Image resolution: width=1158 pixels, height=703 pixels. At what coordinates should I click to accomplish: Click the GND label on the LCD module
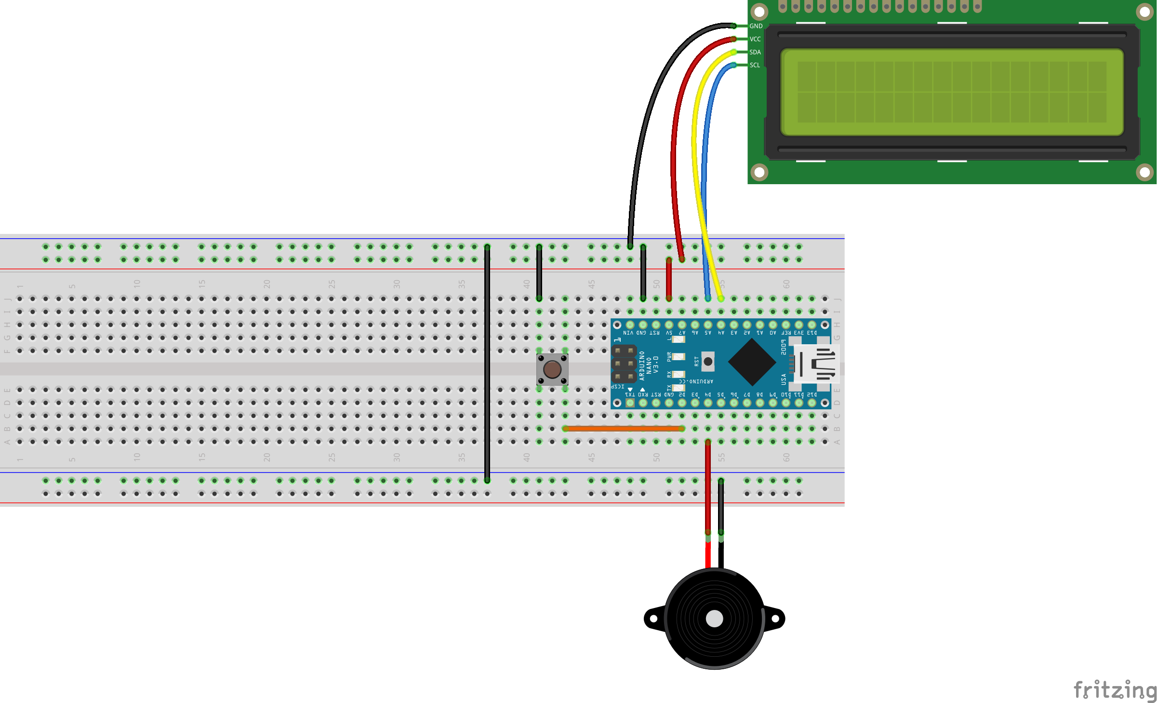(x=756, y=26)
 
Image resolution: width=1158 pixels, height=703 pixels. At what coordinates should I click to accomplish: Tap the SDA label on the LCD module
(x=755, y=52)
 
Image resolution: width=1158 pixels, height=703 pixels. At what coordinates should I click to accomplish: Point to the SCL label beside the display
(x=755, y=65)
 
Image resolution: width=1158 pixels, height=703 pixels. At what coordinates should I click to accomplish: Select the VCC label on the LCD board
(x=755, y=39)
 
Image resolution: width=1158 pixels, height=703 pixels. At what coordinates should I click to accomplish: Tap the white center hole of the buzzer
(x=714, y=619)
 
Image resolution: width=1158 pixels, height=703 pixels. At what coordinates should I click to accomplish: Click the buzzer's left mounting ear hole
(x=653, y=619)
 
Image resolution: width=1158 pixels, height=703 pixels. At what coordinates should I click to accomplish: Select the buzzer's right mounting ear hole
(x=775, y=619)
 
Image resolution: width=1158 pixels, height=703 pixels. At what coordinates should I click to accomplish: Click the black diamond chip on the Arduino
(x=752, y=362)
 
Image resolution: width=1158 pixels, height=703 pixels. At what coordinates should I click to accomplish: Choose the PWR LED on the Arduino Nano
(x=679, y=357)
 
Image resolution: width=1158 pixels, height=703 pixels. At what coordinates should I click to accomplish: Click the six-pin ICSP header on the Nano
(x=624, y=364)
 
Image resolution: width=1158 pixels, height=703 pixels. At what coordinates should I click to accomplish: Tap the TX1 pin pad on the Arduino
(x=630, y=403)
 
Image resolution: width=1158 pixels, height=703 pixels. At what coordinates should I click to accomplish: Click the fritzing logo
(x=1115, y=690)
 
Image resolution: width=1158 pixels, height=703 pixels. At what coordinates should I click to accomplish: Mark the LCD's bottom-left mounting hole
(x=759, y=172)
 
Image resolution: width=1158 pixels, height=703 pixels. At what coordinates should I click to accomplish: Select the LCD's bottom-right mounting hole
(x=1145, y=172)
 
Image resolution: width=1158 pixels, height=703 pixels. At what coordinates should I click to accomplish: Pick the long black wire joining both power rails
(x=487, y=362)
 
